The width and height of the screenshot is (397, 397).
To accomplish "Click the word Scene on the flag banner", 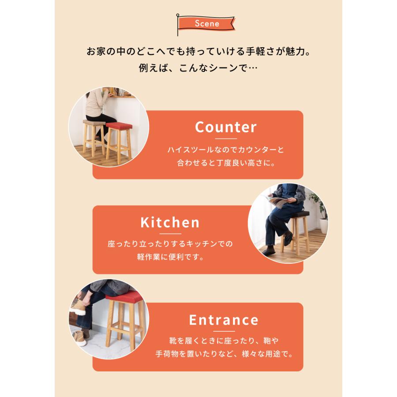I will click(x=207, y=23).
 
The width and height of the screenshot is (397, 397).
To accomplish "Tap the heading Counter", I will click(x=225, y=127).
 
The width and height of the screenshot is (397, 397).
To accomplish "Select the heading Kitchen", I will click(x=170, y=222).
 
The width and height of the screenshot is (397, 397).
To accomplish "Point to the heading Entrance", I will click(x=224, y=319).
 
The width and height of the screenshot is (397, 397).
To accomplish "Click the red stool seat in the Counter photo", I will click(x=119, y=127).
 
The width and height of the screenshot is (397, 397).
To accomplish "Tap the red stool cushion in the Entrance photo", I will click(x=124, y=298).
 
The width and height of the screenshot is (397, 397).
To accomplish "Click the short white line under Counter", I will click(x=225, y=139).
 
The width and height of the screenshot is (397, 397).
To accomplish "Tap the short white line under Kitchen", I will click(x=170, y=234).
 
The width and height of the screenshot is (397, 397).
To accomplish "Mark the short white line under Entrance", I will click(x=224, y=331).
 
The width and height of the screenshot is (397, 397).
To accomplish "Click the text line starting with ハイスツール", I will click(x=225, y=150).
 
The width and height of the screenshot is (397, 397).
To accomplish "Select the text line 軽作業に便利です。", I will click(x=170, y=257).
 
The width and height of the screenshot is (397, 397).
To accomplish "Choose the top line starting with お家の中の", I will click(x=198, y=52).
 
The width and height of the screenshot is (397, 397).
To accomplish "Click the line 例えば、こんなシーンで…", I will click(x=198, y=69).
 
